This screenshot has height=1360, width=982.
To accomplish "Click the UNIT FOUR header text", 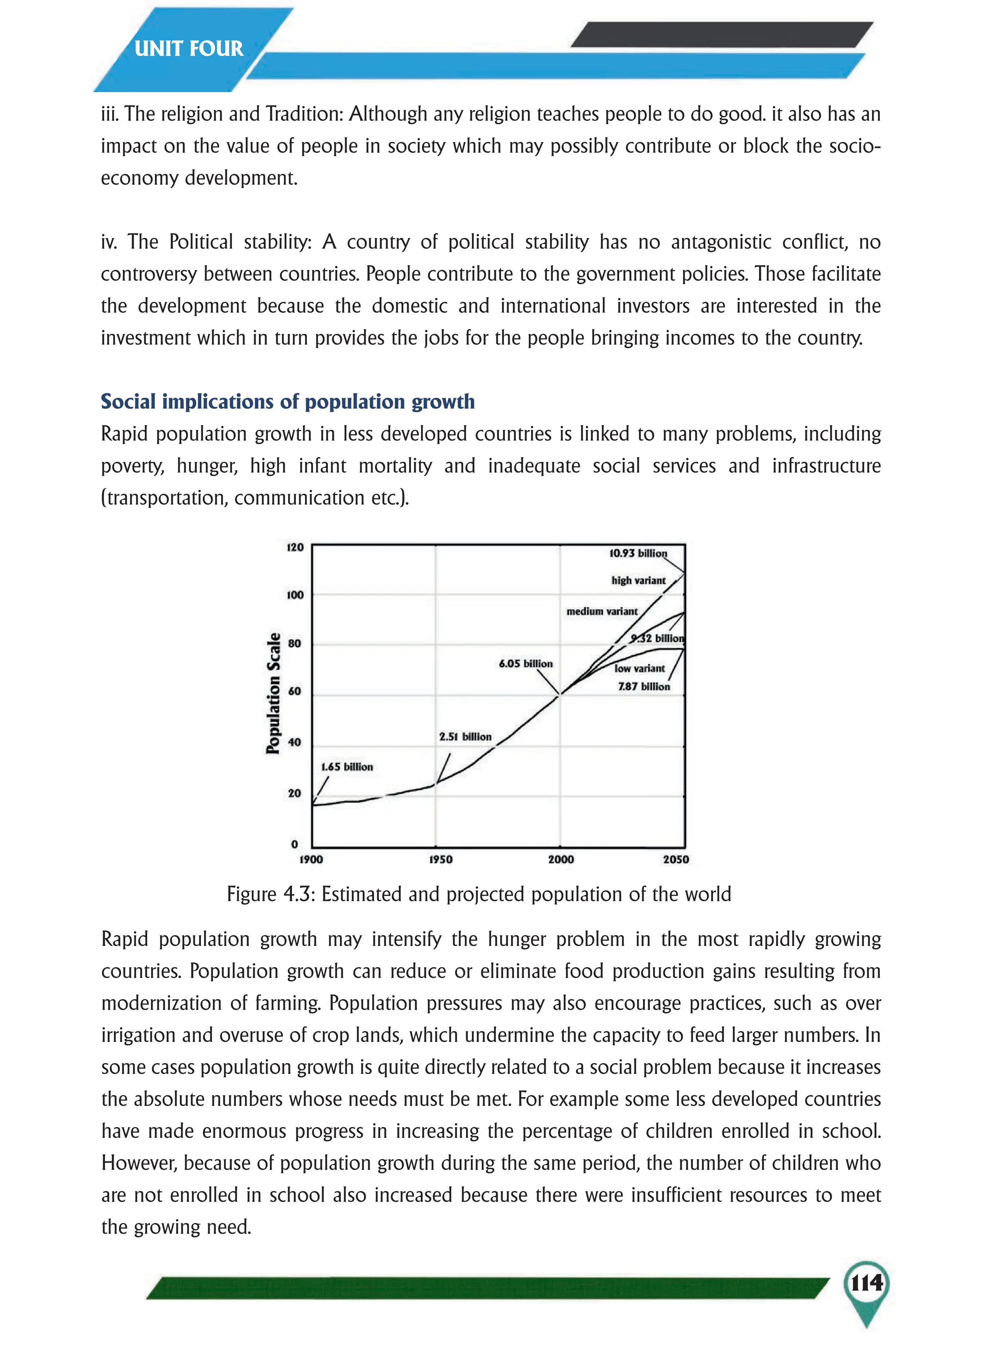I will pos(188,48).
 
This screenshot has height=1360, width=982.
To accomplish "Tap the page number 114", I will pos(866,1283).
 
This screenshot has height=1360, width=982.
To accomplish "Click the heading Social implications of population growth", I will pos(287,401).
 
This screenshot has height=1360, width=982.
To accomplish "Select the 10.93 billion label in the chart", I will pos(638,553).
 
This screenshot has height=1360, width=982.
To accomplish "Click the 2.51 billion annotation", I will pos(465,736).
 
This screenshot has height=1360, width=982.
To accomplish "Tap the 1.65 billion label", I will pos(347,767).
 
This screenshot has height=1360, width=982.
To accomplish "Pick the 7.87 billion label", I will pos(644,686).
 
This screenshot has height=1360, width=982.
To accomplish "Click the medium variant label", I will pos(602,612).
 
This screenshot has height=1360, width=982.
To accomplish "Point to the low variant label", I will pos(639,669).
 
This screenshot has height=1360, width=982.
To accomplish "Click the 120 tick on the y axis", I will pos(295,547).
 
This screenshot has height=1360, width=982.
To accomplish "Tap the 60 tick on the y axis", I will pos(294,691).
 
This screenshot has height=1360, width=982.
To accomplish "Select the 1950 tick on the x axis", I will pos(441,859).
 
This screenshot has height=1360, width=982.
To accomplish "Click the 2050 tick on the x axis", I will pos(676,859).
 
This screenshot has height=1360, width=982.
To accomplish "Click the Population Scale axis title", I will pos(273,693).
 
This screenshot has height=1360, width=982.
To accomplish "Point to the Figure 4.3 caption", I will pos(479,894).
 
